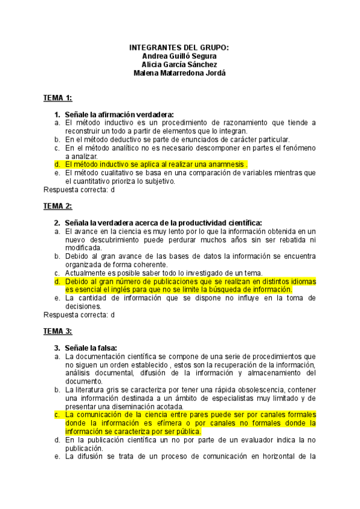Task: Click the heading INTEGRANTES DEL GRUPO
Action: [179, 47]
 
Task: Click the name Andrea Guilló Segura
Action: [179, 56]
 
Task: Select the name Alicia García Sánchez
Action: [179, 64]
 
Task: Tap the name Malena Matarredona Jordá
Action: [179, 73]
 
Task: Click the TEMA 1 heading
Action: [58, 97]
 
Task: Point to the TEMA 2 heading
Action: [58, 206]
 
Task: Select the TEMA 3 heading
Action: [58, 330]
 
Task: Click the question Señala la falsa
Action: [91, 348]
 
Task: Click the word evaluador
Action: [247, 439]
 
